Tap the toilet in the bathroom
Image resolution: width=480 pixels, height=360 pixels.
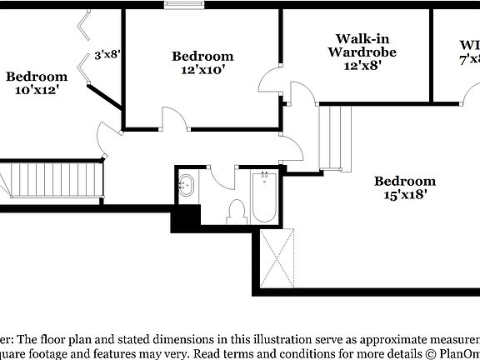click(236, 212)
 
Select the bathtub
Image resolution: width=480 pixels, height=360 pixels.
click(264, 197)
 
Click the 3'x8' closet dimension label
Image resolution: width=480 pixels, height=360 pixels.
click(107, 55)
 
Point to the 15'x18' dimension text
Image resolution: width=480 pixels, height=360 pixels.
click(405, 195)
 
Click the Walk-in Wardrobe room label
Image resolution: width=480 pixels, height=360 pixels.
click(362, 45)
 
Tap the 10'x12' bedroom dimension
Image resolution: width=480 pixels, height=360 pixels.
click(37, 90)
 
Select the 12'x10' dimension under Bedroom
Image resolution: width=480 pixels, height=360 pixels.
click(202, 70)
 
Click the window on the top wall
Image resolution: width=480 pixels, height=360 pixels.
click(184, 8)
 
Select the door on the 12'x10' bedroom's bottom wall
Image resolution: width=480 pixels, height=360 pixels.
click(172, 122)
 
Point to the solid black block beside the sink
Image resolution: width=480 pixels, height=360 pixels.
click(185, 217)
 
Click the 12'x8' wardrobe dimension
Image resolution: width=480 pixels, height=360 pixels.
click(362, 65)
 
